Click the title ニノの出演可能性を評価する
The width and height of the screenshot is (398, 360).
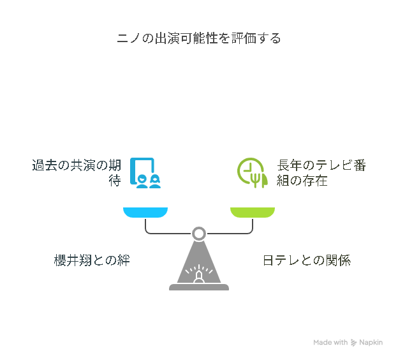click(199, 38)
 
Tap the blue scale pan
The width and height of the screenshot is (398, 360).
click(145, 213)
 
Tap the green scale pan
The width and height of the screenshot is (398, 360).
click(253, 213)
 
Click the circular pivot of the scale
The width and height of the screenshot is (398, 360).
click(199, 234)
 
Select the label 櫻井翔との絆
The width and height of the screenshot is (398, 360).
click(92, 260)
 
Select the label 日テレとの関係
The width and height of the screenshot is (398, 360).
click(307, 260)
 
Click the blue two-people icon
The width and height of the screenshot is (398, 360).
click(145, 173)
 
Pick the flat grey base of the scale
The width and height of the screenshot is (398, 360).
click(199, 287)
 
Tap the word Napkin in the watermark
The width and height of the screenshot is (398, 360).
click(371, 343)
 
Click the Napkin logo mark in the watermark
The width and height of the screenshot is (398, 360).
click(353, 343)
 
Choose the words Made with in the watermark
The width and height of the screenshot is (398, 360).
click(330, 343)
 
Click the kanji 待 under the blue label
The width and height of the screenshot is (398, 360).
click(115, 181)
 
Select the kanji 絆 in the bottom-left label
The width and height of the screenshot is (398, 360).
click(124, 260)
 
